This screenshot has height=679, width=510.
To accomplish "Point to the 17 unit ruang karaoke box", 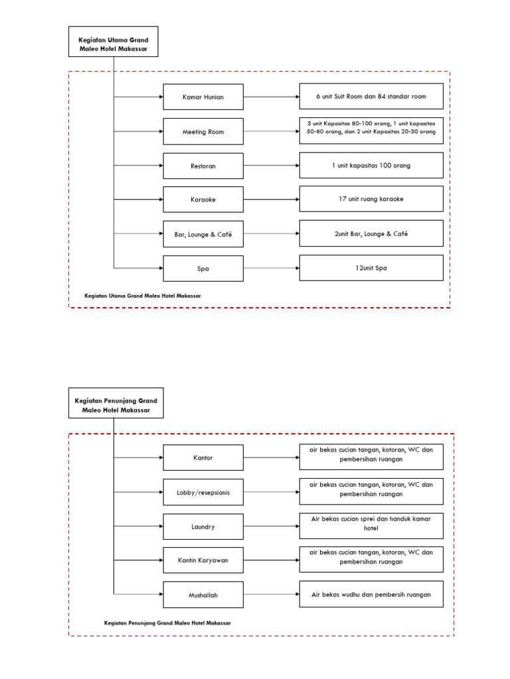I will click(x=371, y=199).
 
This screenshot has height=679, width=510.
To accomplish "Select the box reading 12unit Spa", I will click(x=371, y=268).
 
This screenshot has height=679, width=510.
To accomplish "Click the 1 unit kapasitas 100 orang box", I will click(x=371, y=165).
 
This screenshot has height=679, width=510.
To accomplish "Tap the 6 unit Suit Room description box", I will click(x=371, y=96).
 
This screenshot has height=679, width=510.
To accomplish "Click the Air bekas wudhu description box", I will click(x=371, y=594).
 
